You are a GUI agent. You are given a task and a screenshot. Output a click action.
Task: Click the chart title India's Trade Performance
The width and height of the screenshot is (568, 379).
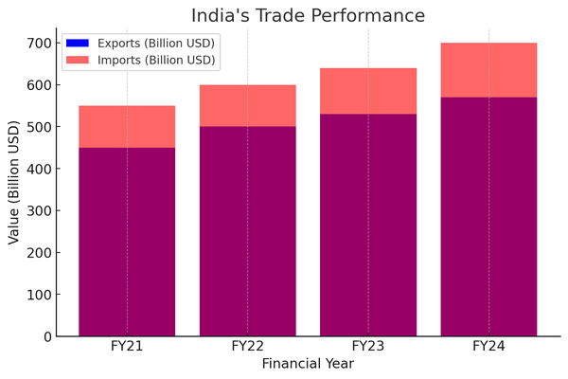click(x=308, y=15)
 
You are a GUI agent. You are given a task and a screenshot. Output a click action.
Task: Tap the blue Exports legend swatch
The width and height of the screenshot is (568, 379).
click(x=76, y=43)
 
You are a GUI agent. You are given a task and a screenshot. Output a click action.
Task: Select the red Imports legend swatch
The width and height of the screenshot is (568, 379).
click(x=76, y=60)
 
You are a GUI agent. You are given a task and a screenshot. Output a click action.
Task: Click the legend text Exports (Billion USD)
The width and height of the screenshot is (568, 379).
click(x=154, y=43)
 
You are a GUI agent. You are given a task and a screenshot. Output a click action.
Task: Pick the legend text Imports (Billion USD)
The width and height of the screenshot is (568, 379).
click(x=154, y=60)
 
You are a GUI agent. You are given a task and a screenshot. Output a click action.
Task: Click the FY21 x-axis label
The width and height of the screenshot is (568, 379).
click(x=127, y=348)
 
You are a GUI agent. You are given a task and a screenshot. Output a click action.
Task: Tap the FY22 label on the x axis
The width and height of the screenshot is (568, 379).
click(x=247, y=348)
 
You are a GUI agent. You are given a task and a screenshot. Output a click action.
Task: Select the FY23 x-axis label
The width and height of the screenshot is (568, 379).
click(x=368, y=348)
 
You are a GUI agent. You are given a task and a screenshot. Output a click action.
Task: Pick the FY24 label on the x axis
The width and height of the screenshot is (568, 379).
click(x=488, y=348)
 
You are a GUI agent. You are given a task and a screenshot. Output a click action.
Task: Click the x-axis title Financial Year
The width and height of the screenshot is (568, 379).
click(x=308, y=364)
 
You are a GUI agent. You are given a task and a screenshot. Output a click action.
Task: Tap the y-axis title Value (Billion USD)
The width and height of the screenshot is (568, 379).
click(x=14, y=183)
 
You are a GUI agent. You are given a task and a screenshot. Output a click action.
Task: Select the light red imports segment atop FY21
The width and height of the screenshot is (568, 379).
click(x=127, y=126)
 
